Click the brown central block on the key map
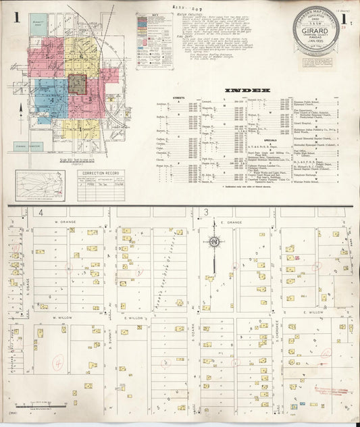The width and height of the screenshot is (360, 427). (x=77, y=84)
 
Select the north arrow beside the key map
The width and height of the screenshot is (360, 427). (x=22, y=108)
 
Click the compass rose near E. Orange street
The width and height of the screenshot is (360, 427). (x=214, y=242)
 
